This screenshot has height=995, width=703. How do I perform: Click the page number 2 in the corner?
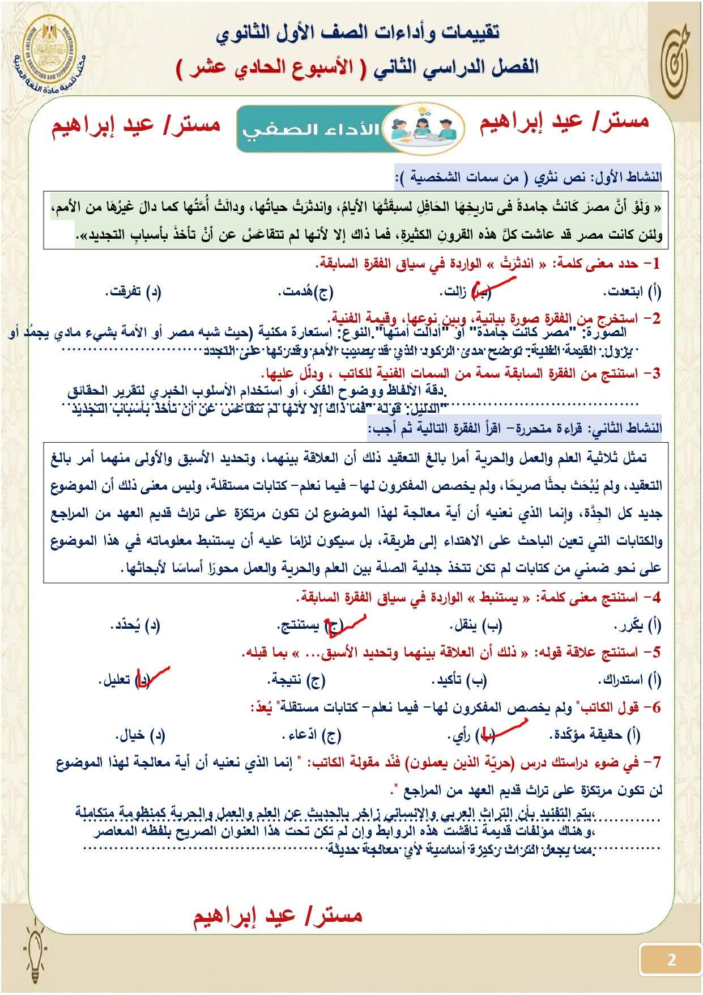tap(672, 960)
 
